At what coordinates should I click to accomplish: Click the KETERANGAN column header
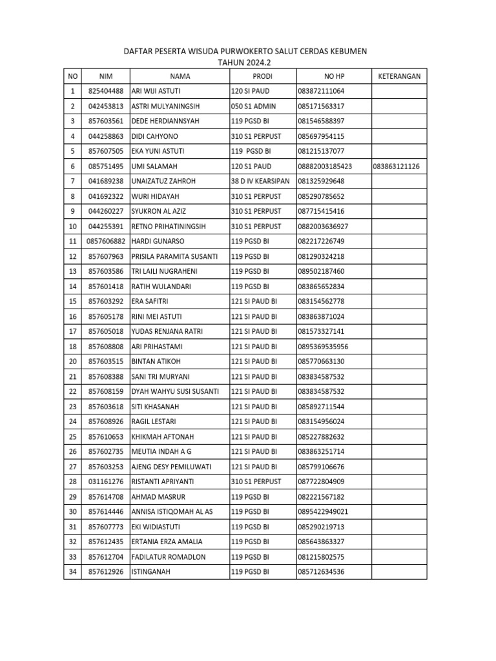coord(398,76)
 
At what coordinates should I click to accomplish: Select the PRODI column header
coord(262,76)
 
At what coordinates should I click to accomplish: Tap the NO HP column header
coord(333,76)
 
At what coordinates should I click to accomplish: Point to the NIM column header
coord(105,76)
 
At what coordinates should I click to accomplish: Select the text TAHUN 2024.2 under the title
coord(247,63)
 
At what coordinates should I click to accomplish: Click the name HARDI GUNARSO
coord(158,241)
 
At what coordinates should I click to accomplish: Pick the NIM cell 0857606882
coord(105,241)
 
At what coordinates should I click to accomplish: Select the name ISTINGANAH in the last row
coord(151,571)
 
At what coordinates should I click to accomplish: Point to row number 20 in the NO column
coord(72,361)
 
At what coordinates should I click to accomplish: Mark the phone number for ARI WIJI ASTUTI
coord(321,91)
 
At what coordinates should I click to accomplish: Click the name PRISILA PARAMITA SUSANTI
coord(174,256)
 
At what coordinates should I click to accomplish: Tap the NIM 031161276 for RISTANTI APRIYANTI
coord(105,482)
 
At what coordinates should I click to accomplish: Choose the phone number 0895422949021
coord(323,511)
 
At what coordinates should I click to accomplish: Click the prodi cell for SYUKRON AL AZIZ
coord(256,211)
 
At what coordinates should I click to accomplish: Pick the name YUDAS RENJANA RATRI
coord(167,331)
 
